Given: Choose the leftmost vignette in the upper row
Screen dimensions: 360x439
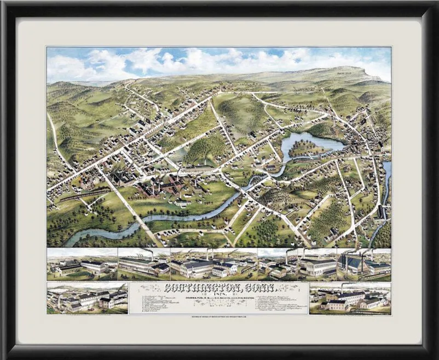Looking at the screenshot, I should coord(82,263).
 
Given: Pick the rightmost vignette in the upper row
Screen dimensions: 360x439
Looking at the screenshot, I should coord(364,263).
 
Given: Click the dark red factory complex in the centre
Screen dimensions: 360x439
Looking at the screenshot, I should coord(164,189).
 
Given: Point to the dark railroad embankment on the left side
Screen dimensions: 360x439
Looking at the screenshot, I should coord(82,193).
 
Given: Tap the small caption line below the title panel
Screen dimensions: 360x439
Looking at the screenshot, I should coord(219,316).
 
